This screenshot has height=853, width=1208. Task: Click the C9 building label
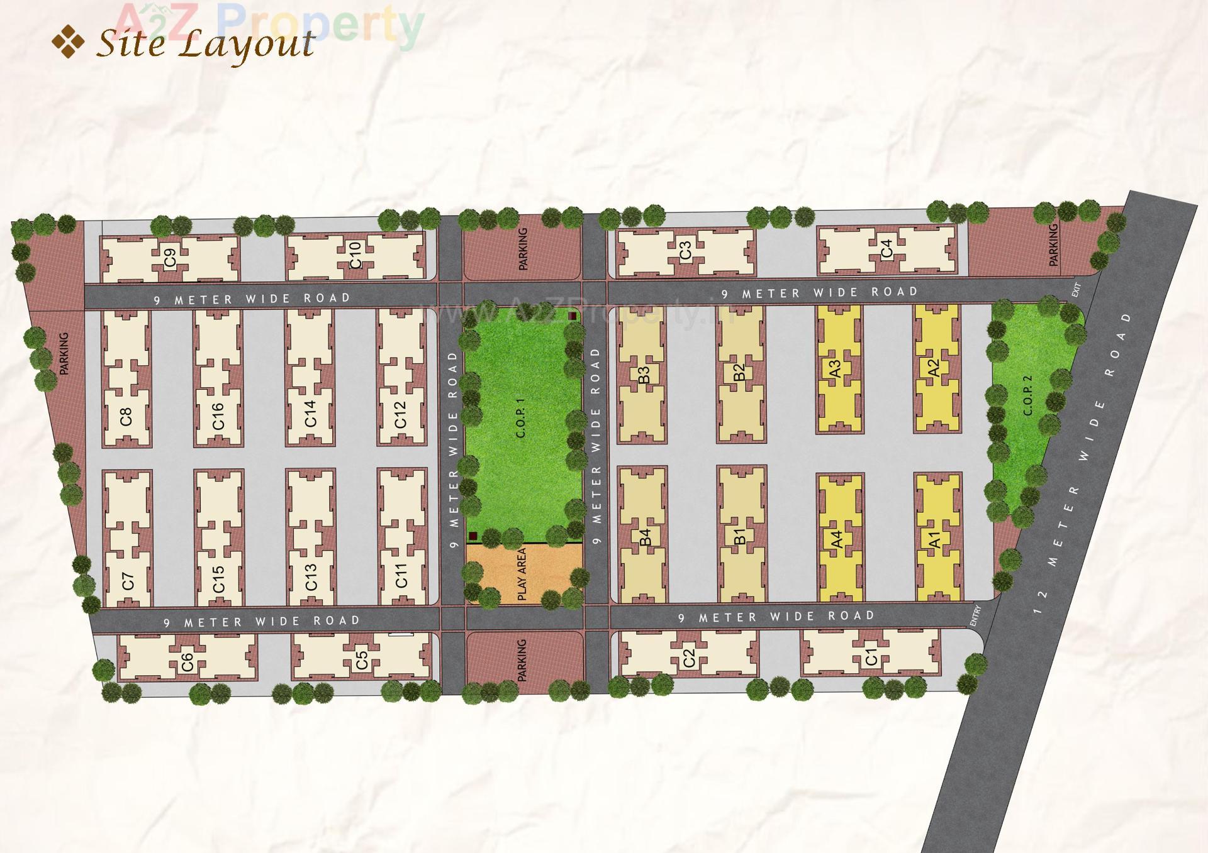point(170,258)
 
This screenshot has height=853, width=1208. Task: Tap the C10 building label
point(355,255)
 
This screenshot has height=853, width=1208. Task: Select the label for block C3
point(686,250)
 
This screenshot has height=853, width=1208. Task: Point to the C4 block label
point(886,248)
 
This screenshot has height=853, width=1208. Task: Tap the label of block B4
point(645,537)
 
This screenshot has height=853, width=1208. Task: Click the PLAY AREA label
point(522,574)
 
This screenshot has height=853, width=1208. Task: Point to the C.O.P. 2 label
point(1028,395)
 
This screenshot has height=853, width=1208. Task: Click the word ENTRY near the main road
point(975,615)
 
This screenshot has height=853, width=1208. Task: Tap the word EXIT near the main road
point(1077,290)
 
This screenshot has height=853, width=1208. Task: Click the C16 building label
point(218,415)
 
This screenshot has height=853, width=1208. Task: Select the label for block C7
point(128,581)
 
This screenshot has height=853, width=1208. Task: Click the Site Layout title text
point(205,44)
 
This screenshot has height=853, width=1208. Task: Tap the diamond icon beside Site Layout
point(68,42)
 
